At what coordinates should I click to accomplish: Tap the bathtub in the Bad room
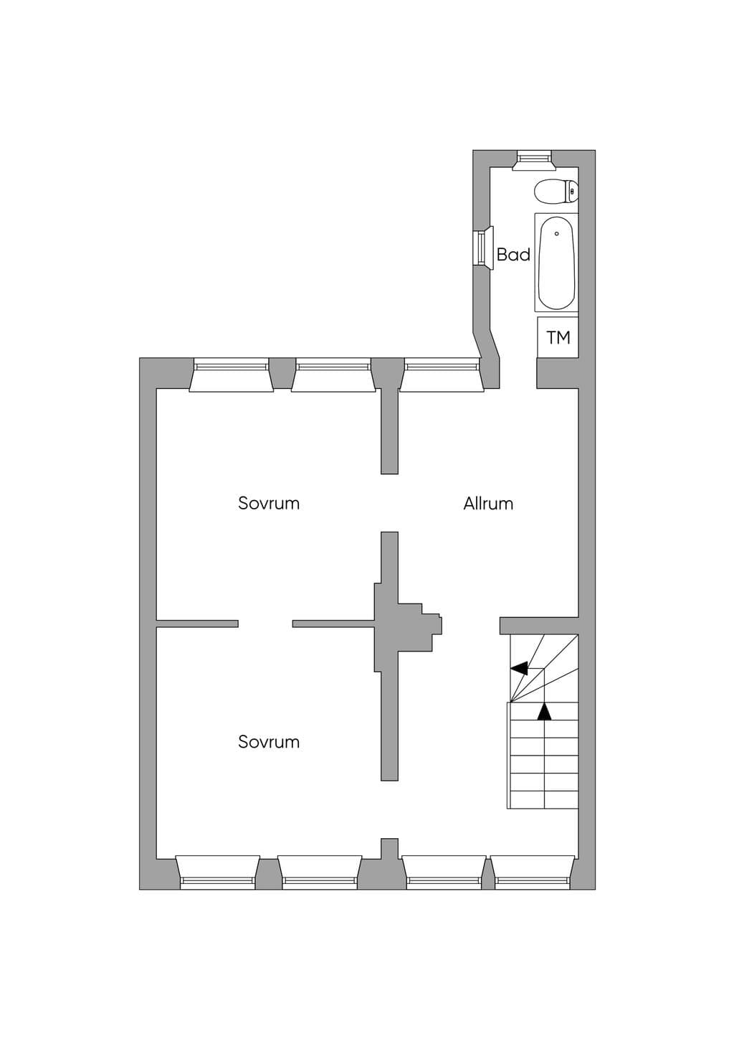(556, 262)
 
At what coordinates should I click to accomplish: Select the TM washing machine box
(558, 337)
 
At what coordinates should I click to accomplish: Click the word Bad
(513, 254)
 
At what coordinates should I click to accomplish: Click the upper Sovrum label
(269, 503)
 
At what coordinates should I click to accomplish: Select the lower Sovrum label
(269, 742)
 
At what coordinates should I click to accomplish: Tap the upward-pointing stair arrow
(545, 712)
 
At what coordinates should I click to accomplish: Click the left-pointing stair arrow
(519, 669)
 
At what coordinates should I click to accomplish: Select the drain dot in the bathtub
(556, 233)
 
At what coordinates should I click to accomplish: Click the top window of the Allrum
(442, 375)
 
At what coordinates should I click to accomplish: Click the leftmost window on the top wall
(232, 375)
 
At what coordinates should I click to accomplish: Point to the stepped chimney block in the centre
(408, 626)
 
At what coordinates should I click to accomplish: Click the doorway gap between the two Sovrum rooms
(265, 624)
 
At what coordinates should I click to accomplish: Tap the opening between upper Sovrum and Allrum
(390, 503)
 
